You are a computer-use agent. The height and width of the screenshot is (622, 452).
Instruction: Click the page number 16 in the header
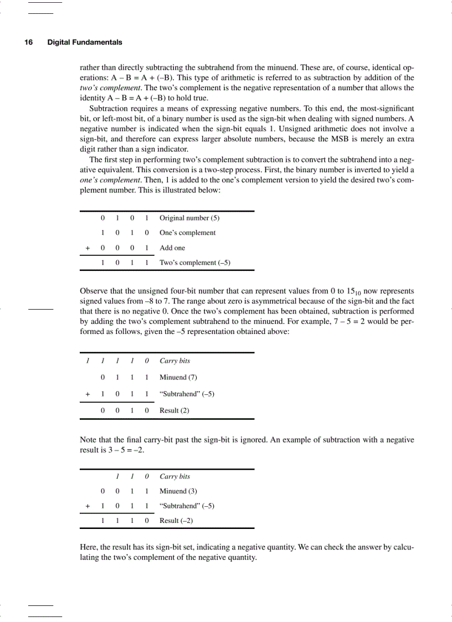(x=28, y=42)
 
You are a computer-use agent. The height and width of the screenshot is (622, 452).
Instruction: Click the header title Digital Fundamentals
(x=85, y=42)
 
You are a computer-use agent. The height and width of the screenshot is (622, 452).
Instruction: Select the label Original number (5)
(x=189, y=218)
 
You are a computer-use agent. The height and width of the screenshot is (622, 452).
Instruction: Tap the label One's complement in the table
(x=187, y=233)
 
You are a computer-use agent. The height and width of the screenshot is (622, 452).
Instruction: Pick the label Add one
(x=172, y=248)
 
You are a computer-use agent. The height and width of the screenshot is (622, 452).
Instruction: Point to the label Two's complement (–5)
(x=194, y=263)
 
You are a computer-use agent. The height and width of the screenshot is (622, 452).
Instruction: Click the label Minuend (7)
(x=178, y=377)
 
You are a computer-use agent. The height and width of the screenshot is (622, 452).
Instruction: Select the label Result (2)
(x=174, y=410)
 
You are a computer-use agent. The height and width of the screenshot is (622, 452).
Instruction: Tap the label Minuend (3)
(x=178, y=491)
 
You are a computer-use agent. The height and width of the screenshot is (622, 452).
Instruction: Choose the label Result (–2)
(x=176, y=521)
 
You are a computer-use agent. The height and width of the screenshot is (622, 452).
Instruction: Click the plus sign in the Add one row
(x=88, y=248)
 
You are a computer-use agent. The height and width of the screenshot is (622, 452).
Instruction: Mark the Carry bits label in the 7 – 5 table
(x=174, y=361)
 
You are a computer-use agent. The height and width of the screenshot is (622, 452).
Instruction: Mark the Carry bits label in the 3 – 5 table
(x=174, y=476)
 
